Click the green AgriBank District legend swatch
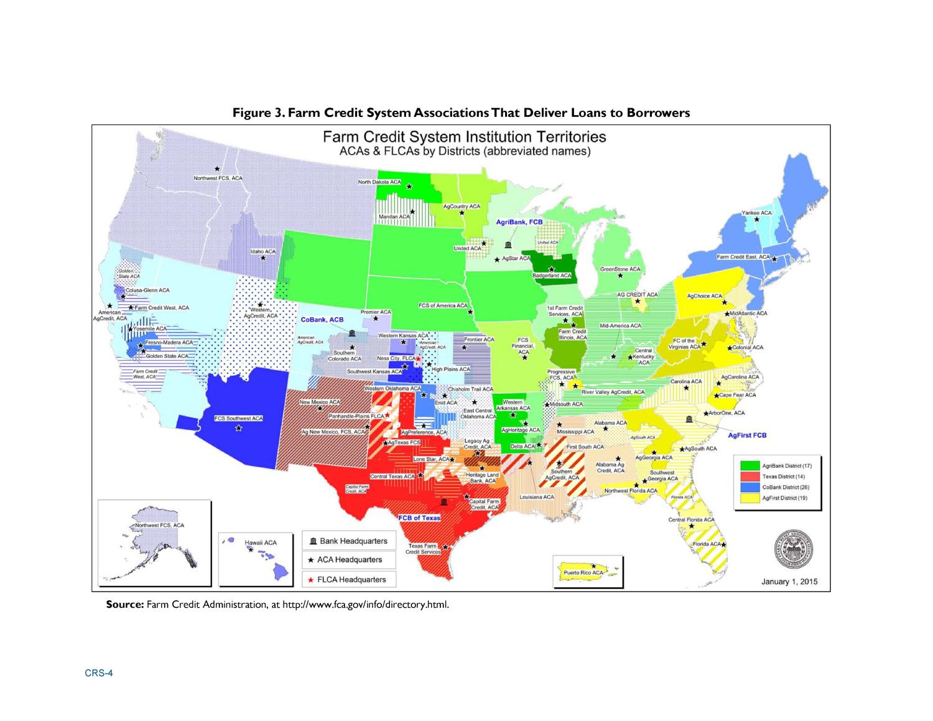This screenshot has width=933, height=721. [x=750, y=465]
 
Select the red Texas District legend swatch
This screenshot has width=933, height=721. [x=750, y=476]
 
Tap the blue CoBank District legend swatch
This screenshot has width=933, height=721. [x=750, y=487]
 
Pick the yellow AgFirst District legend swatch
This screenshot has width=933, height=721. [x=750, y=498]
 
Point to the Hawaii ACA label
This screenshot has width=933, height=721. [x=261, y=542]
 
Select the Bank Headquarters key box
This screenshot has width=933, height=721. [x=348, y=541]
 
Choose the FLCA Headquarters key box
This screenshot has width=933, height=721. [x=348, y=579]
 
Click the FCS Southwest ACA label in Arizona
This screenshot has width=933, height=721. [x=238, y=419]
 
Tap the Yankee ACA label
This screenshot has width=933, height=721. [x=756, y=213]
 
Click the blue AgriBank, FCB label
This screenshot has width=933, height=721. [x=519, y=222]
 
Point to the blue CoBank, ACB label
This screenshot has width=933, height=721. [x=322, y=319]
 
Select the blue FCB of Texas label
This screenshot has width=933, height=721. [x=419, y=518]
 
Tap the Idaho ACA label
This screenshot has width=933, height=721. [x=262, y=251]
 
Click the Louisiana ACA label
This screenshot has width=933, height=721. [x=536, y=497]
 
